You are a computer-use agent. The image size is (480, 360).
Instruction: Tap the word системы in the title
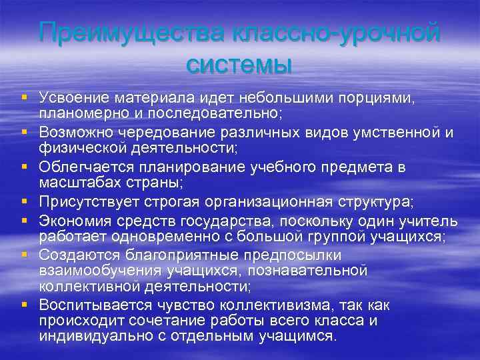tap(240, 65)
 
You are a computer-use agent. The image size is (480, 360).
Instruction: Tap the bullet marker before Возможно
tap(25, 132)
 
